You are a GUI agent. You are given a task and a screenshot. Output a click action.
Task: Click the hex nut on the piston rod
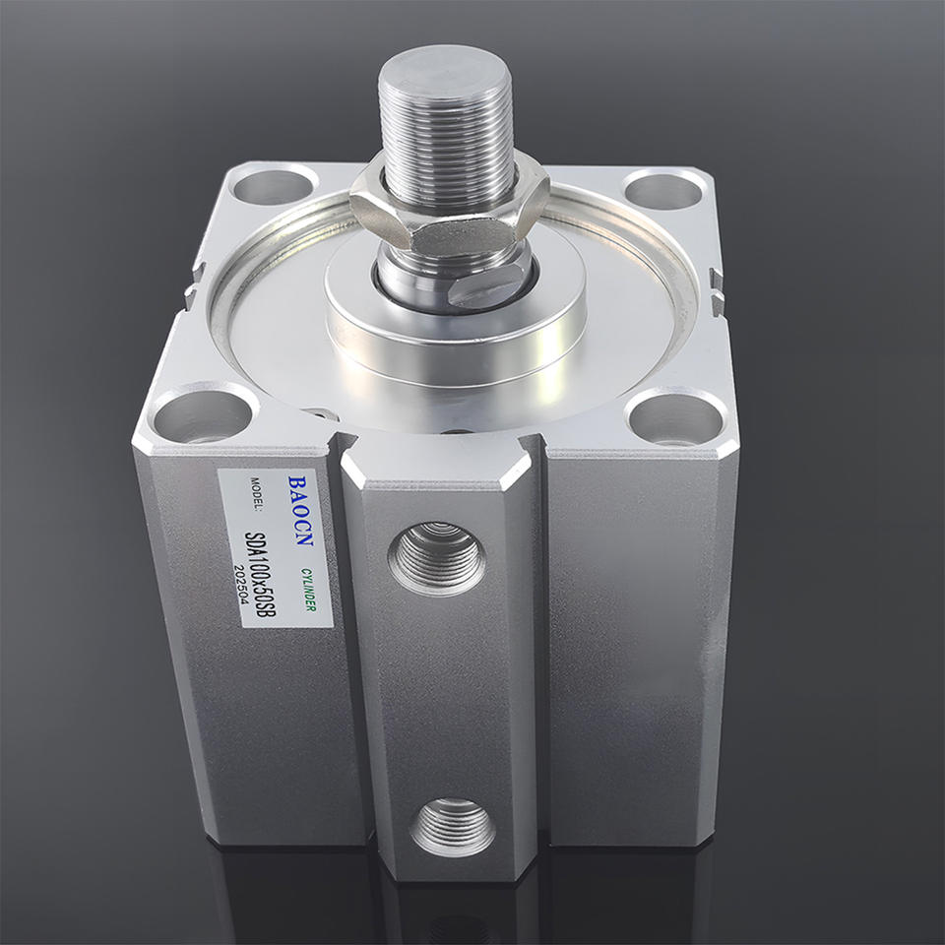tap(449, 208)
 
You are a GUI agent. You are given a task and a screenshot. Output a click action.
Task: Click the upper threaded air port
tap(437, 558)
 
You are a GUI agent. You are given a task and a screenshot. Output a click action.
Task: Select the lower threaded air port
tap(453, 826)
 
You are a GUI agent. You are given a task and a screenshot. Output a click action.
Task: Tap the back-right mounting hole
tap(663, 190)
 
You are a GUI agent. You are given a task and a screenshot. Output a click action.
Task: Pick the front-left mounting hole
tap(203, 415)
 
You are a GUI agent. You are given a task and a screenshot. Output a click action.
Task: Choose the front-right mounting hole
tap(675, 418)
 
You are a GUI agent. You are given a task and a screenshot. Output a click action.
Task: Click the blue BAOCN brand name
tap(299, 511)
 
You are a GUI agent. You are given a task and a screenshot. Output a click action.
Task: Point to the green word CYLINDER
tap(308, 590)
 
